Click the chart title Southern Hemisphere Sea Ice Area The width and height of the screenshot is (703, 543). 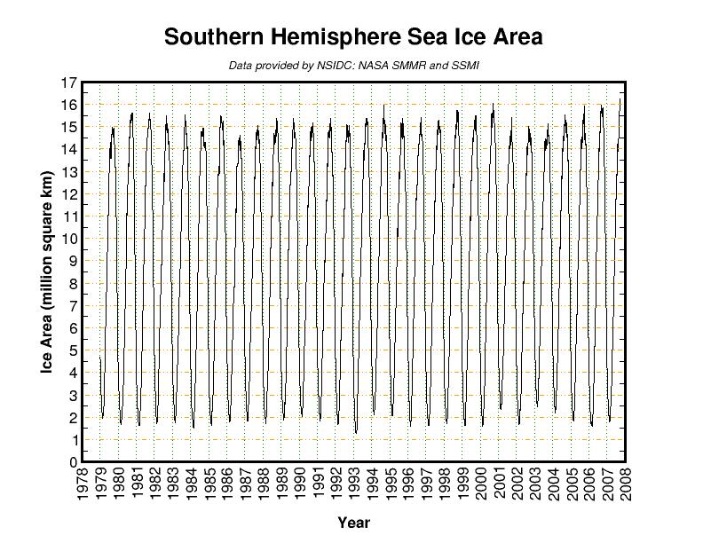point(353,37)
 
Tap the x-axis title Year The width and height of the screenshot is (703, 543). point(353,523)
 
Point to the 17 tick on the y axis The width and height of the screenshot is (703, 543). point(67,83)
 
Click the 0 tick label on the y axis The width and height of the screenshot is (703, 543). point(72,462)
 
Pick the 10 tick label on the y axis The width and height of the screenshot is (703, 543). point(67,239)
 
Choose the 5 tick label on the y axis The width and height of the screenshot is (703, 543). point(72,350)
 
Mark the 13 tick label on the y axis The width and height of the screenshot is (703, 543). point(67,171)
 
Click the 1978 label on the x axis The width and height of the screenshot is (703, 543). point(82,484)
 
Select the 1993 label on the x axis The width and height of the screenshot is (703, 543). point(355,484)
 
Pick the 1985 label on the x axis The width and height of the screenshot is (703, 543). point(209,484)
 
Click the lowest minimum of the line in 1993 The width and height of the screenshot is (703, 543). point(356,432)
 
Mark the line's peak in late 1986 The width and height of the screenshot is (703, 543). point(240,136)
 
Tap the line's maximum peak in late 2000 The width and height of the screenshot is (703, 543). point(494,104)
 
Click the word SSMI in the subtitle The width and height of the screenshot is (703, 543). point(466,66)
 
